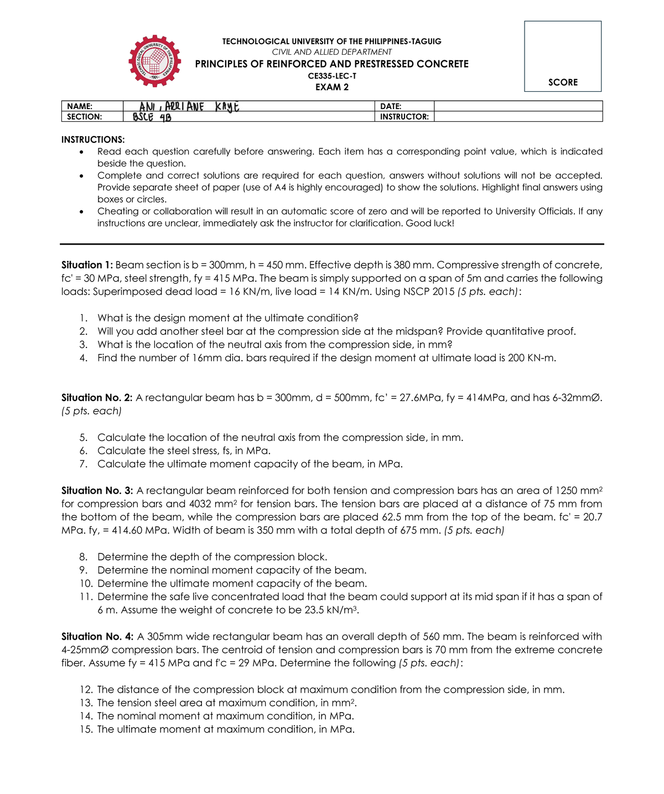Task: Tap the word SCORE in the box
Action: [563, 82]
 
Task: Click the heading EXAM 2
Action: [332, 87]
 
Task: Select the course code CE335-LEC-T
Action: [332, 76]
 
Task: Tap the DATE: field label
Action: [391, 106]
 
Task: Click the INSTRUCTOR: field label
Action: [404, 117]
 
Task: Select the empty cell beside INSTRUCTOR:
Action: [518, 117]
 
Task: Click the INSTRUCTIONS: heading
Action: [93, 139]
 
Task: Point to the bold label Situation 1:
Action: [87, 265]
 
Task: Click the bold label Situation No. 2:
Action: [97, 398]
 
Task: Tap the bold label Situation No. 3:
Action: [97, 491]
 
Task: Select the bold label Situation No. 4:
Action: [97, 637]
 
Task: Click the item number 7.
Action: [84, 464]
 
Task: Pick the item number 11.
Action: [85, 597]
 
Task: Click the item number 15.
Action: [86, 729]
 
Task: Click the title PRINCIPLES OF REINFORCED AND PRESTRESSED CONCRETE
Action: [332, 64]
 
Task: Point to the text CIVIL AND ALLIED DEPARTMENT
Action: [332, 52]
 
